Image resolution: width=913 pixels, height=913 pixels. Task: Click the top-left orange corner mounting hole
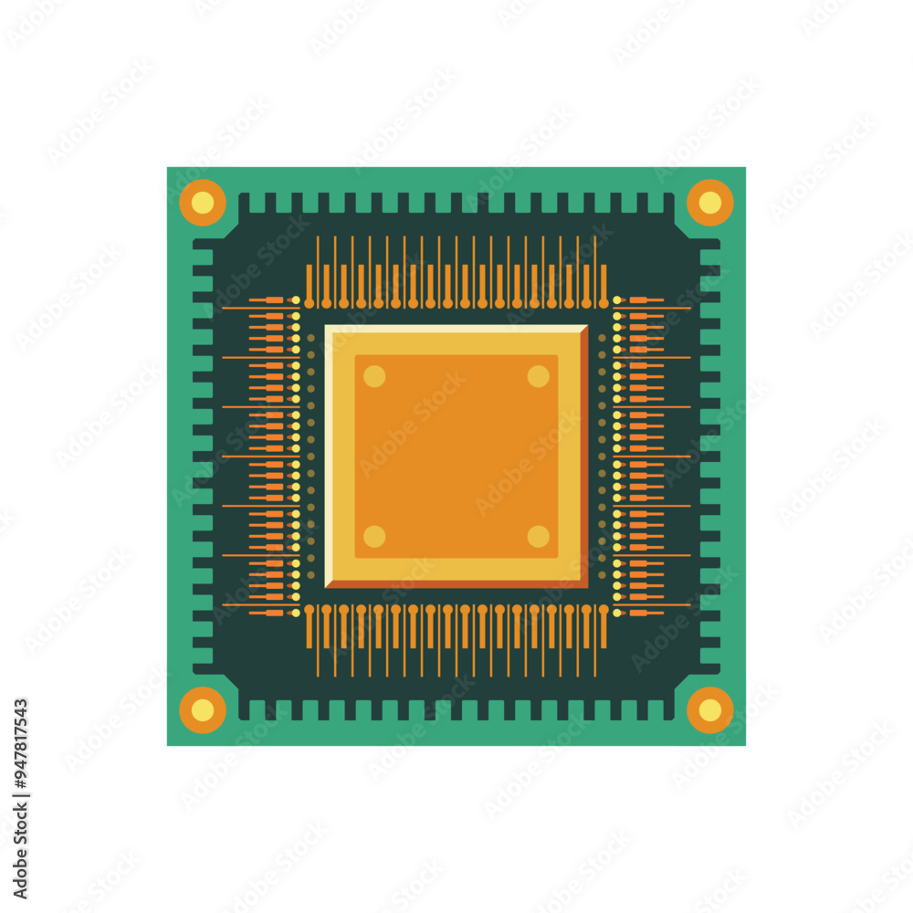203,203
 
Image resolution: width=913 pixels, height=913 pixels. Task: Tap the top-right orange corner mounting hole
709,203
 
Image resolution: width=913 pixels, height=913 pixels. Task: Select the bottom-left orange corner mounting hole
203,709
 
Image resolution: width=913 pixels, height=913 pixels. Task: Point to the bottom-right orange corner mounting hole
709,709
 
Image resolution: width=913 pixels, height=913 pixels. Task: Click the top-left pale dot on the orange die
374,376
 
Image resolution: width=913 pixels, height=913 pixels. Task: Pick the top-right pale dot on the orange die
538,376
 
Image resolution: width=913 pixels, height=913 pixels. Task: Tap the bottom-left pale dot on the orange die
374,536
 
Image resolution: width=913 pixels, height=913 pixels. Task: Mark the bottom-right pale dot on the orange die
538,536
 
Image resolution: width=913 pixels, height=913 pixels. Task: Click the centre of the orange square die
456,456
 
